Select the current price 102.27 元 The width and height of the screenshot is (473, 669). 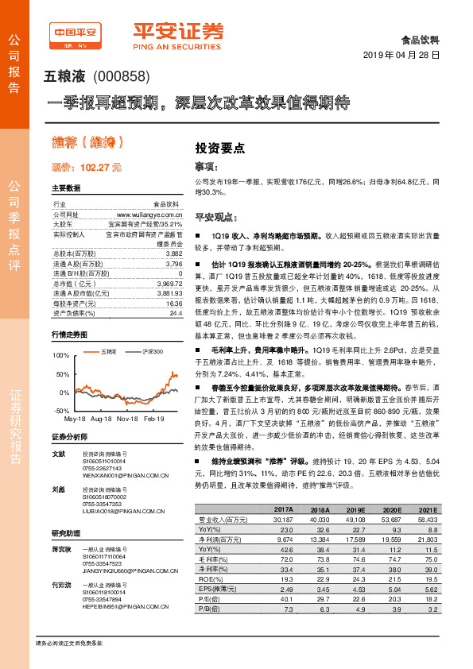(x=95, y=167)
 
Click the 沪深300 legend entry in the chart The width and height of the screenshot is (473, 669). (x=152, y=350)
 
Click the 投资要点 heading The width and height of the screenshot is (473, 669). (x=220, y=148)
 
